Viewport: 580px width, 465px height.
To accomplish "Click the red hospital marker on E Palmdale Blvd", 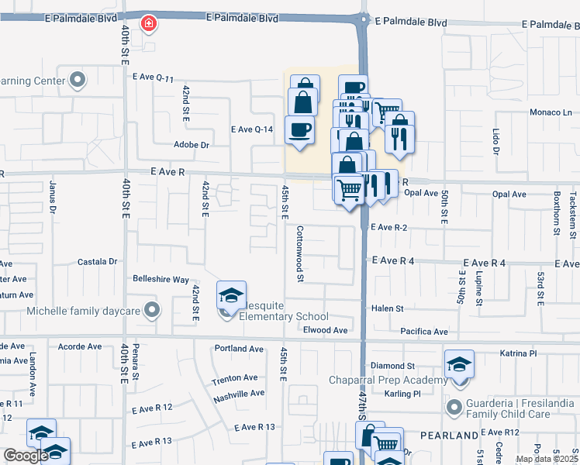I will [x=147, y=25].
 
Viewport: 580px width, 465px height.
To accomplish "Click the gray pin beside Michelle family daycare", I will [x=152, y=311].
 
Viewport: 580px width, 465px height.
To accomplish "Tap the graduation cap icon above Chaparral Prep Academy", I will [x=459, y=363].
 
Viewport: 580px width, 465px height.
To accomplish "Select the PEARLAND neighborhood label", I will [x=451, y=436].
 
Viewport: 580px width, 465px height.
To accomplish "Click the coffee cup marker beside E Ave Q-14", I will [x=299, y=130].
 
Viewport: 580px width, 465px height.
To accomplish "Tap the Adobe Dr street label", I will [x=192, y=145].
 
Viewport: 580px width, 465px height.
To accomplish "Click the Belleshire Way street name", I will [x=161, y=279].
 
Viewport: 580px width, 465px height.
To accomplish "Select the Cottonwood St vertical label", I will [x=299, y=254].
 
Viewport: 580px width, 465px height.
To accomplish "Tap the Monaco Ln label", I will [x=551, y=112].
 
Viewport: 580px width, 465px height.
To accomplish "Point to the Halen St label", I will [x=388, y=308].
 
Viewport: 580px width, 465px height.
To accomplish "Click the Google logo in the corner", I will [x=26, y=456].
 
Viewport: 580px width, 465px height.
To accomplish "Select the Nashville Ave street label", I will [x=239, y=393].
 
